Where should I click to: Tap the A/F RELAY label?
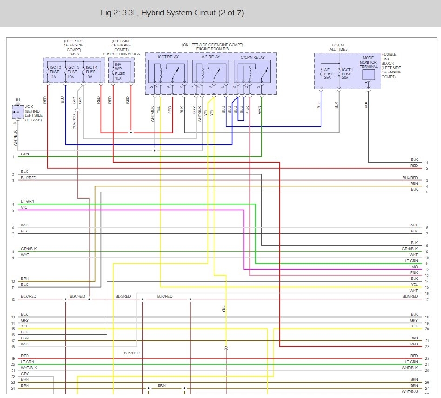pyautogui.click(x=211, y=57)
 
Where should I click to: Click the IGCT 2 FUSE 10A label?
pyautogui.click(x=54, y=72)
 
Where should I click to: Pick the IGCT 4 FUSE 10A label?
pyautogui.click(x=91, y=72)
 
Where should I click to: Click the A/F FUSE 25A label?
pyautogui.click(x=329, y=74)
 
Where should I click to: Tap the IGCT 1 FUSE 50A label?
pyautogui.click(x=347, y=74)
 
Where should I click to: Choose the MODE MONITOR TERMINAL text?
pyautogui.click(x=368, y=62)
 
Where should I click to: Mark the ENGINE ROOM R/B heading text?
pyautogui.click(x=212, y=48)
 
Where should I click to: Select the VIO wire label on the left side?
pyautogui.click(x=24, y=207)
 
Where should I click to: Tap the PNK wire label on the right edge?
pyautogui.click(x=414, y=272)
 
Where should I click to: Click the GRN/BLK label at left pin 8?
pyautogui.click(x=29, y=249)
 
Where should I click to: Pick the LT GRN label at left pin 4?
pyautogui.click(x=27, y=201)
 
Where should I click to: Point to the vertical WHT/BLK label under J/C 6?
pyautogui.click(x=15, y=138)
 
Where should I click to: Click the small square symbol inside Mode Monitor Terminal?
pyautogui.click(x=368, y=75)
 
